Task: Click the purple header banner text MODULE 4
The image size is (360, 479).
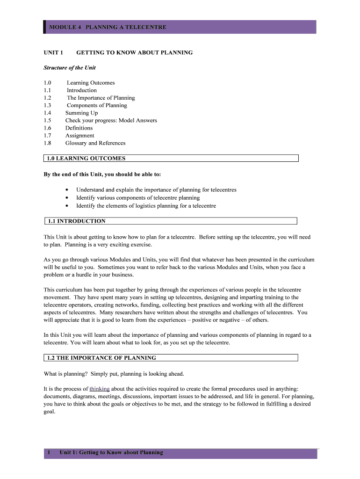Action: click(x=65, y=27)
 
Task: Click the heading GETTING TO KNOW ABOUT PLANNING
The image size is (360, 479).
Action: click(x=134, y=52)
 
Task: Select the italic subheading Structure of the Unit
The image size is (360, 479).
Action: click(x=70, y=67)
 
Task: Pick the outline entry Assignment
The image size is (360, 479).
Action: click(x=79, y=135)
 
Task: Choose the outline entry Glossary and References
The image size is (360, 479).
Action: click(x=95, y=143)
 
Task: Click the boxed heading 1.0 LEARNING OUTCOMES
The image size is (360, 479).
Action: click(x=86, y=158)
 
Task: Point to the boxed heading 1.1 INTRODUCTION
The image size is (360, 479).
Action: click(x=76, y=221)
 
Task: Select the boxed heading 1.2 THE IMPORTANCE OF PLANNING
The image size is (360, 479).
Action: click(x=101, y=358)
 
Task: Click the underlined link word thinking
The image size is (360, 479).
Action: click(x=99, y=389)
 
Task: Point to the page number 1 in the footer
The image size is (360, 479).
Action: click(x=49, y=452)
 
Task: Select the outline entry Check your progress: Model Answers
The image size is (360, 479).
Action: click(x=111, y=120)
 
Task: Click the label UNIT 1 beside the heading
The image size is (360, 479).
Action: click(x=53, y=52)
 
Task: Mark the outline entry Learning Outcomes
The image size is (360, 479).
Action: click(x=91, y=83)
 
